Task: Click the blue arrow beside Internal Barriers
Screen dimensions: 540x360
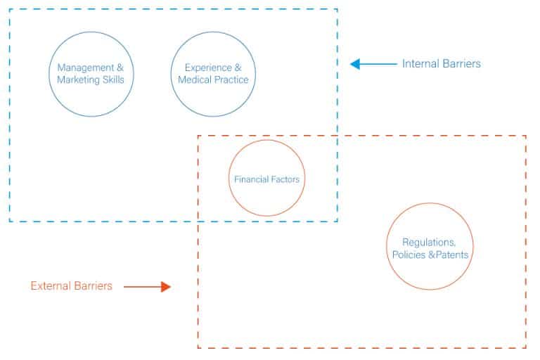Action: [x=373, y=64]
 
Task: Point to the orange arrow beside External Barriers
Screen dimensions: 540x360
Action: [x=147, y=287]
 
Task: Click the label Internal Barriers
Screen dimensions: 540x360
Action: [x=442, y=64]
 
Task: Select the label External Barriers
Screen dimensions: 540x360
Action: [x=71, y=286]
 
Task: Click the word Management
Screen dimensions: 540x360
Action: [x=85, y=68]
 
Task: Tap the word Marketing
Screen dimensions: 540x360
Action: [x=78, y=80]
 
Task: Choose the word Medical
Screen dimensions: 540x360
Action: [x=195, y=80]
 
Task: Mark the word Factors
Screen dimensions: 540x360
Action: [x=285, y=179]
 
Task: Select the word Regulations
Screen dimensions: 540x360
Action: [x=429, y=243]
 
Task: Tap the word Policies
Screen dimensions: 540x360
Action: [x=409, y=255]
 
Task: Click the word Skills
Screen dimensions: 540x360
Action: [x=113, y=80]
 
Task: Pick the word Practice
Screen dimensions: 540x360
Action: [x=231, y=80]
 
